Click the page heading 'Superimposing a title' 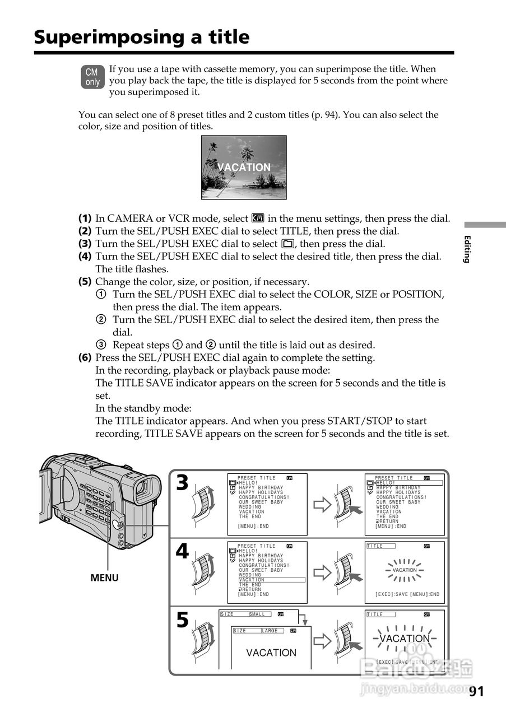pyautogui.click(x=141, y=37)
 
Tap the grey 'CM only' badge pyautogui.click(x=92, y=77)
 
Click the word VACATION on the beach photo pyautogui.click(x=244, y=167)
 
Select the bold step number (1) pyautogui.click(x=85, y=218)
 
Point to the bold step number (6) pyautogui.click(x=85, y=357)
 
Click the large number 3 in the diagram pyautogui.click(x=182, y=483)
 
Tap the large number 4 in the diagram pyautogui.click(x=182, y=551)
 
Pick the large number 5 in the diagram pyautogui.click(x=182, y=620)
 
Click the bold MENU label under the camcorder pyautogui.click(x=105, y=578)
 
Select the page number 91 pyautogui.click(x=476, y=692)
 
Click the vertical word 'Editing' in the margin pyautogui.click(x=467, y=249)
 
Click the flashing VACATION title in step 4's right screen pyautogui.click(x=405, y=570)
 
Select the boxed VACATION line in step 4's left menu pyautogui.click(x=252, y=580)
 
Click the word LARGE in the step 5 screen pyautogui.click(x=270, y=631)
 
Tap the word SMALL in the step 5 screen pyautogui.click(x=257, y=614)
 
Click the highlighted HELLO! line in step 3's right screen pyautogui.click(x=386, y=483)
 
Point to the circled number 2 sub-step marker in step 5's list pyautogui.click(x=101, y=320)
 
